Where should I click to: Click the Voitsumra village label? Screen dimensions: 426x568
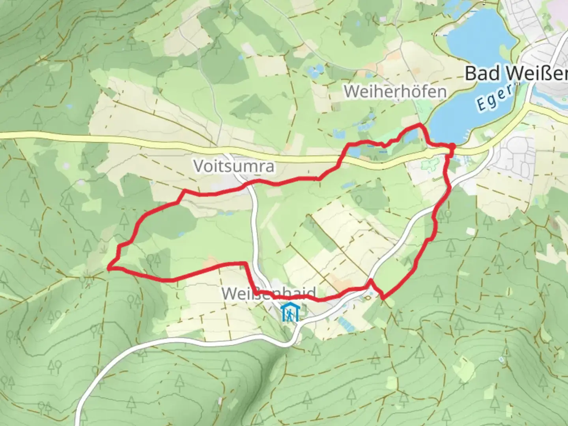tap(234, 166)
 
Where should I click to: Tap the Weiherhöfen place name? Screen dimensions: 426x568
tap(395, 92)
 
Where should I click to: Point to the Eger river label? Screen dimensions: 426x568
tap(495, 98)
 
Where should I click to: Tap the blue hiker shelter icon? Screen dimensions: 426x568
tap(290, 312)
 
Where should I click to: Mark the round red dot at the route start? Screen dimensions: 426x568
tap(452, 147)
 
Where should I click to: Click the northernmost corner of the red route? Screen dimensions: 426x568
tap(419, 125)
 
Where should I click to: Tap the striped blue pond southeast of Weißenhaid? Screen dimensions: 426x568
tap(348, 325)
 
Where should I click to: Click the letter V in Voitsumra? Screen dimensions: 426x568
tap(198, 166)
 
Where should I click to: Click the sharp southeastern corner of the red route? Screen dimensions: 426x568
tap(383, 298)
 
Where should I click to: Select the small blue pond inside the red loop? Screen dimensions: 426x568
tap(181, 234)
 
